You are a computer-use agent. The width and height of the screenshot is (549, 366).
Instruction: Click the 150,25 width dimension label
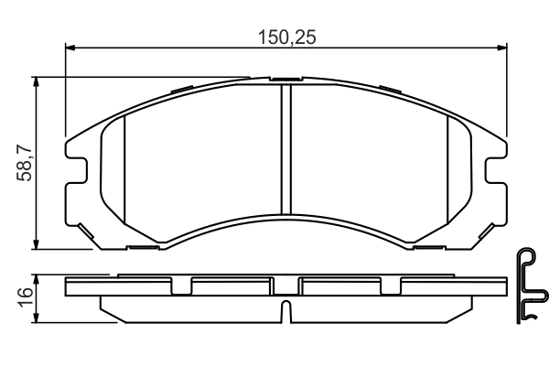[286, 38]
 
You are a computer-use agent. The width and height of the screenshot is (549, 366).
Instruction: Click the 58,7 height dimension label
[24, 163]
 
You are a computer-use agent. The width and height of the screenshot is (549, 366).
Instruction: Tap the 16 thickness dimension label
[26, 297]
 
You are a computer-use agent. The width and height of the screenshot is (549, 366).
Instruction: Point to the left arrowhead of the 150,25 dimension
[70, 48]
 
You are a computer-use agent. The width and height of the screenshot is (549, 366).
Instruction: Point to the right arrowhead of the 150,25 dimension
[501, 48]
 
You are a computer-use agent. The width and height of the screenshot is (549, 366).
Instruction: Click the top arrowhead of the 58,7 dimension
[36, 82]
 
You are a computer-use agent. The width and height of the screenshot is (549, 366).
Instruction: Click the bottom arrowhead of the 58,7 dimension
[36, 243]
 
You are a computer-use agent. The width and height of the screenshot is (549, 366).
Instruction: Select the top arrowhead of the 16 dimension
[36, 280]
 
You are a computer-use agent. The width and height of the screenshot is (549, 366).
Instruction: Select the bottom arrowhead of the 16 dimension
[36, 318]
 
